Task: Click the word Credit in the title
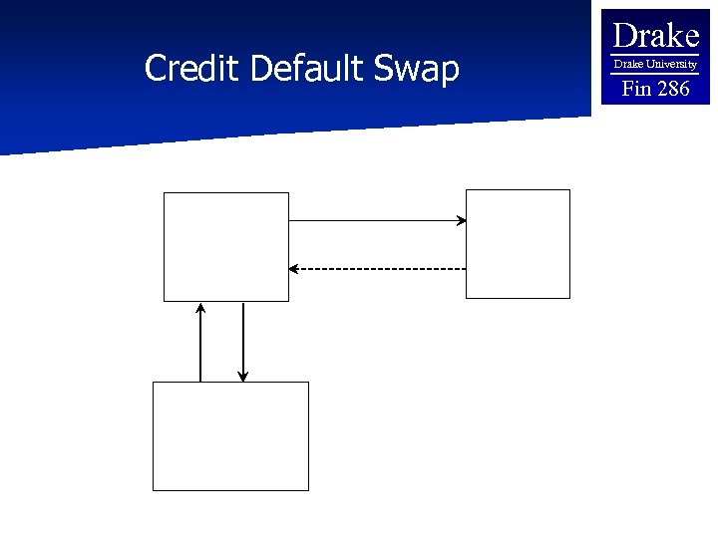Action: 193,69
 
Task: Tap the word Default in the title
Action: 311,69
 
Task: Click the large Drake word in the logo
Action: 655,36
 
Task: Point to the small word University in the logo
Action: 670,64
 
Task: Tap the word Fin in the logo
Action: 635,89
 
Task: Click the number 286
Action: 671,89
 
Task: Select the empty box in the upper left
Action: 226,246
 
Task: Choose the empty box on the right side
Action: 518,244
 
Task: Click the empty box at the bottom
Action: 230,435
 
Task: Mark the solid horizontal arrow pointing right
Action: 376,220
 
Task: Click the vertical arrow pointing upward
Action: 200,343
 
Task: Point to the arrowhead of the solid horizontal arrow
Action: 462,220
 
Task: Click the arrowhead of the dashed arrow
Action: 293,268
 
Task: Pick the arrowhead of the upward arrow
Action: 200,308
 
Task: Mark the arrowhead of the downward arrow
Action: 242,377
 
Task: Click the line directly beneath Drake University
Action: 655,73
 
